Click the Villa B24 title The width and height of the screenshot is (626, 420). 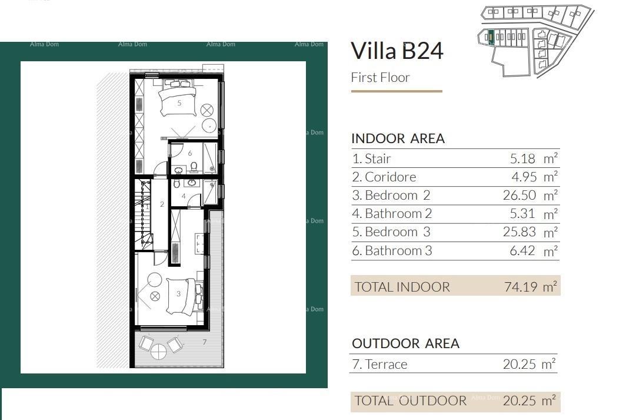coord(397,51)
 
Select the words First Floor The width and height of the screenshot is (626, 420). coord(380,78)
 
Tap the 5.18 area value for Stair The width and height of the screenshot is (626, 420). coord(522,158)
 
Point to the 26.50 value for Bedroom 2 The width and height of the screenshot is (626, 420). coord(519,195)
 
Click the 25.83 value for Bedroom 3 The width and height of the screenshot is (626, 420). coord(519,232)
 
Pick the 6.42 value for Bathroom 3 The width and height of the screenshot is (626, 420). coord(522,250)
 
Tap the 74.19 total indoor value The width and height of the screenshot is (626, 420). coord(520,286)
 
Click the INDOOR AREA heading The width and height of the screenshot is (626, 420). coord(398,138)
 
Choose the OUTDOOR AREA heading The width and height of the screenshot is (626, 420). coord(405,343)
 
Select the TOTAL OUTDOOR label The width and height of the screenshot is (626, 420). coord(411,401)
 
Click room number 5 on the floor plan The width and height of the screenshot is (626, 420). coord(179,102)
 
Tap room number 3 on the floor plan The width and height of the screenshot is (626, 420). coord(178,294)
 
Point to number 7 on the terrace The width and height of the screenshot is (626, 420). coord(204,342)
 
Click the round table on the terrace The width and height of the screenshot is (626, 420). coord(158,352)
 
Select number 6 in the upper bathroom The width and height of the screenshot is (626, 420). coord(190,153)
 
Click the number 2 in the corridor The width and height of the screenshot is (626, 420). coord(162,204)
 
